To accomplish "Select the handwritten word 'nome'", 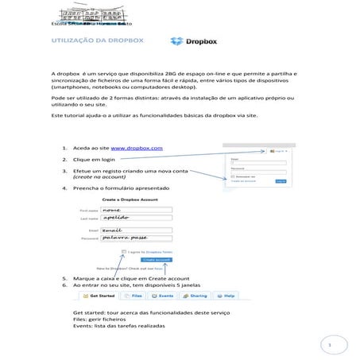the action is coord(118,210).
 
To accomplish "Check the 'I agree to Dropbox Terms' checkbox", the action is coord(123,251).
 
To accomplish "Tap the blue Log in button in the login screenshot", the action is coord(280,181).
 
